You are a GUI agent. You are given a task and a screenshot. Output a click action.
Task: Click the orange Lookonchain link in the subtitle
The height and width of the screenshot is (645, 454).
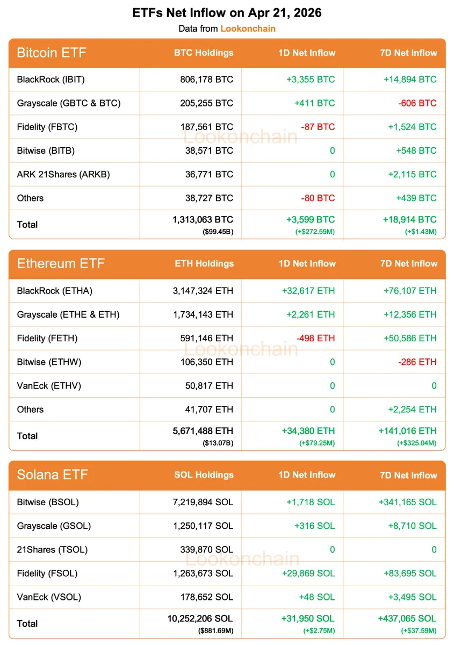click(248, 28)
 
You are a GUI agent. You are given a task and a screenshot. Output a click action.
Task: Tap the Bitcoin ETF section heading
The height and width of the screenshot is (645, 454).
click(52, 53)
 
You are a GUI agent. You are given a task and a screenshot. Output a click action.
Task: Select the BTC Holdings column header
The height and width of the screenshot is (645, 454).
click(204, 53)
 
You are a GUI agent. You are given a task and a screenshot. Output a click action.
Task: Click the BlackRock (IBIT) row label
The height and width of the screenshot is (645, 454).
click(51, 80)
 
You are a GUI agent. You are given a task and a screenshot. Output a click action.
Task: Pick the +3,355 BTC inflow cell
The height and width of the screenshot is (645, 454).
click(310, 80)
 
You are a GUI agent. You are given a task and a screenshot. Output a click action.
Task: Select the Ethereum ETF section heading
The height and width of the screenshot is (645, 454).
click(61, 263)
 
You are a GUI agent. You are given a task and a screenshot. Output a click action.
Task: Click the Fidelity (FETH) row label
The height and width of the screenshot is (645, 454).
click(47, 338)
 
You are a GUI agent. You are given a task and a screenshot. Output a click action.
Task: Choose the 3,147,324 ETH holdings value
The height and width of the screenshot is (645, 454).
click(200, 291)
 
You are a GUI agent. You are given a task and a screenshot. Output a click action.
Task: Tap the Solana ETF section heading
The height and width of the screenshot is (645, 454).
click(52, 475)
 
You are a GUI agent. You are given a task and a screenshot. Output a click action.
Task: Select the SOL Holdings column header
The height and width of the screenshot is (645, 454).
click(204, 475)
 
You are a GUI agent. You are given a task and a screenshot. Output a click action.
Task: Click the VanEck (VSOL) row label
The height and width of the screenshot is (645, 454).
click(49, 597)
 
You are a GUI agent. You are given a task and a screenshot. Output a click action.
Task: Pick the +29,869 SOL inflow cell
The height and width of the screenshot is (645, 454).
click(308, 573)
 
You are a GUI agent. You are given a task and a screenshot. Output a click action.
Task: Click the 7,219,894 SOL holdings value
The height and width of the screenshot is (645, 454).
click(200, 502)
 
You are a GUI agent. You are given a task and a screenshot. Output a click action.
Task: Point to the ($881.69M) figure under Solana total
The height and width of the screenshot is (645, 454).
click(213, 630)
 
